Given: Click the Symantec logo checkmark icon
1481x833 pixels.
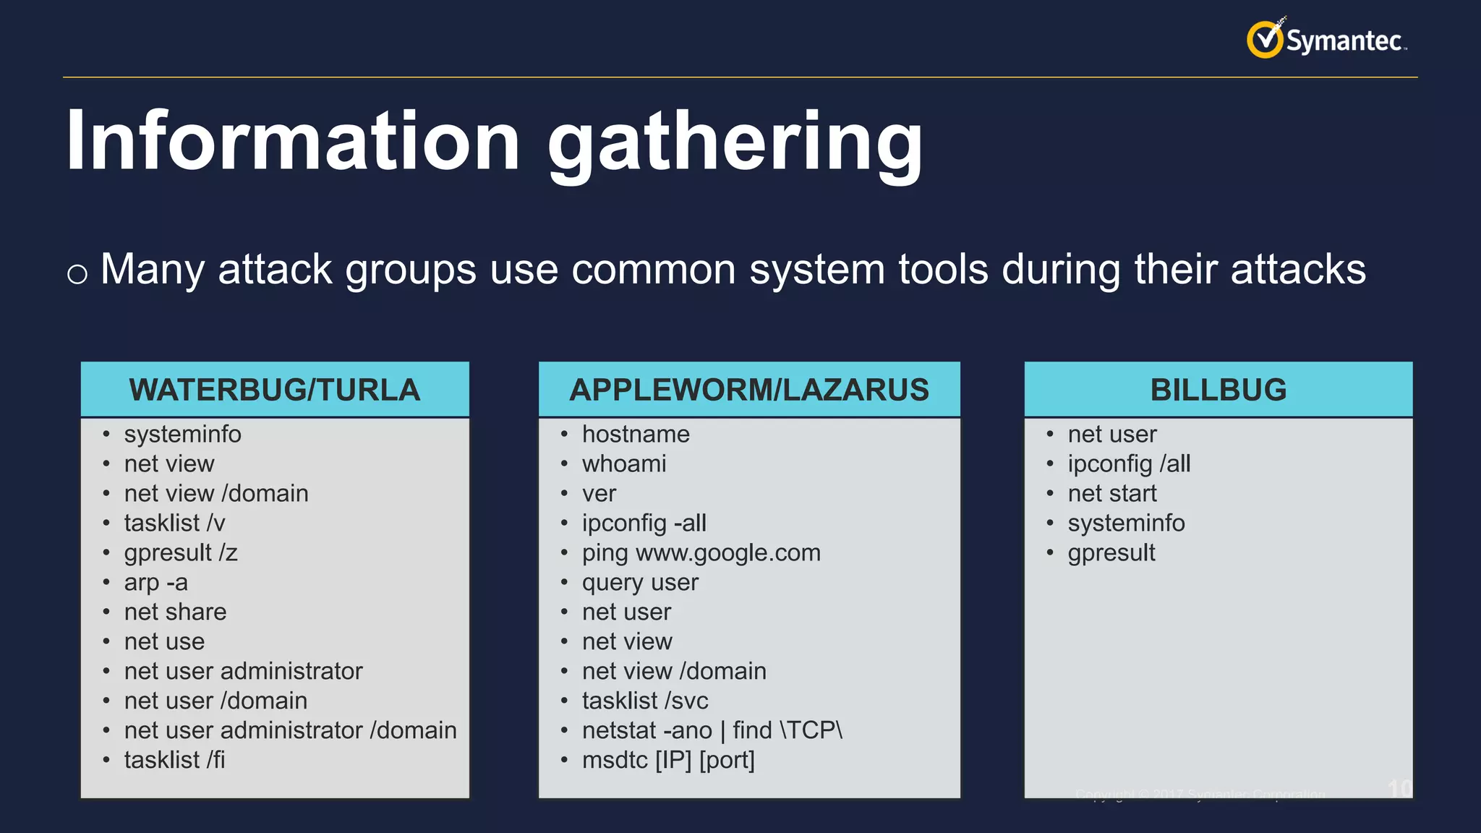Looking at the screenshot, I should click(x=1265, y=40).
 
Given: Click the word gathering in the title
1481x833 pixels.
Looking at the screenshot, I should click(x=735, y=142).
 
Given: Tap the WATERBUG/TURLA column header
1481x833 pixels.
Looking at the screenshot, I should click(x=275, y=390).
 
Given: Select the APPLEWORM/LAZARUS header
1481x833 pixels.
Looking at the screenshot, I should click(x=749, y=390).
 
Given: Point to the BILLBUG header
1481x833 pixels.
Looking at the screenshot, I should click(x=1218, y=390).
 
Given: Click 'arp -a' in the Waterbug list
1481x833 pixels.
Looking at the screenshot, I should click(x=155, y=582).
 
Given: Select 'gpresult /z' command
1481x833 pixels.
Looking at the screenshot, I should click(x=180, y=552).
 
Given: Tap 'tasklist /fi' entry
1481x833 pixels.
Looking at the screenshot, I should click(x=174, y=760).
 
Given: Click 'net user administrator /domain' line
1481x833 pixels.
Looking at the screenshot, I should click(x=290, y=730).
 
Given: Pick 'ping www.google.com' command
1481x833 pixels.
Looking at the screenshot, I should click(x=701, y=552).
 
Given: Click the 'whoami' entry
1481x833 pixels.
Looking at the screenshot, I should click(x=624, y=464).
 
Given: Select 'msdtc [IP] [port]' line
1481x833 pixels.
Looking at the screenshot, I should click(x=668, y=760).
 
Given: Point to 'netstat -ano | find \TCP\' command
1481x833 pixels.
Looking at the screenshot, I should click(x=712, y=730).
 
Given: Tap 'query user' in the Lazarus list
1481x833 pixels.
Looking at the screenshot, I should click(x=640, y=582).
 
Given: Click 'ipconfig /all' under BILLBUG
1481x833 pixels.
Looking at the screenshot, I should click(x=1129, y=464).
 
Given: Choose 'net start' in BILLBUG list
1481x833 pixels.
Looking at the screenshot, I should click(x=1112, y=493).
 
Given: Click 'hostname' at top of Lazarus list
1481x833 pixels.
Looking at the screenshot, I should click(x=636, y=434).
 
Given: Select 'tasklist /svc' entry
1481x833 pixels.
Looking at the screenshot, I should click(x=645, y=701).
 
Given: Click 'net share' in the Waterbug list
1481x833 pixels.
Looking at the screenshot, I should click(x=175, y=612).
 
